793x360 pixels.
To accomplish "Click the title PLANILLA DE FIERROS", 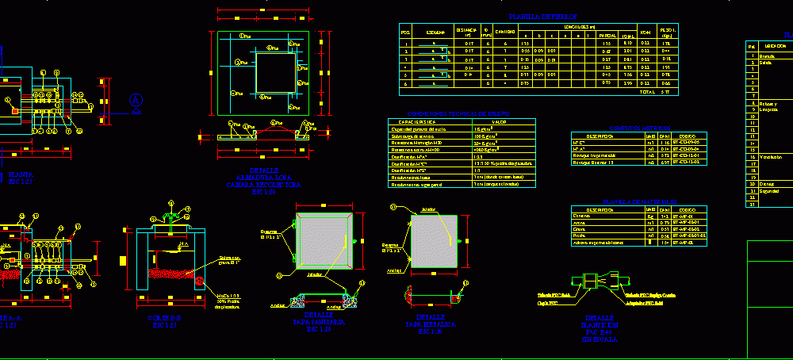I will tap(543, 17).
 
